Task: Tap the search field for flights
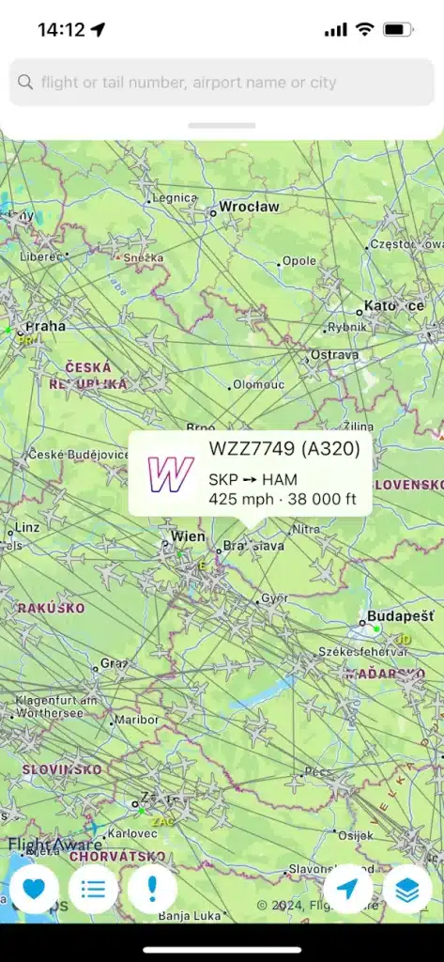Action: (222, 82)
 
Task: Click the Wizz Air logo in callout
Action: (170, 474)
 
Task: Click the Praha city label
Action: (45, 327)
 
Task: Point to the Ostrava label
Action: (335, 355)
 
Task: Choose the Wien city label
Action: (189, 536)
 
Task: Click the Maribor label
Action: (135, 721)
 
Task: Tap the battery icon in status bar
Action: (398, 30)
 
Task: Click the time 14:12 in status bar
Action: (61, 30)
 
